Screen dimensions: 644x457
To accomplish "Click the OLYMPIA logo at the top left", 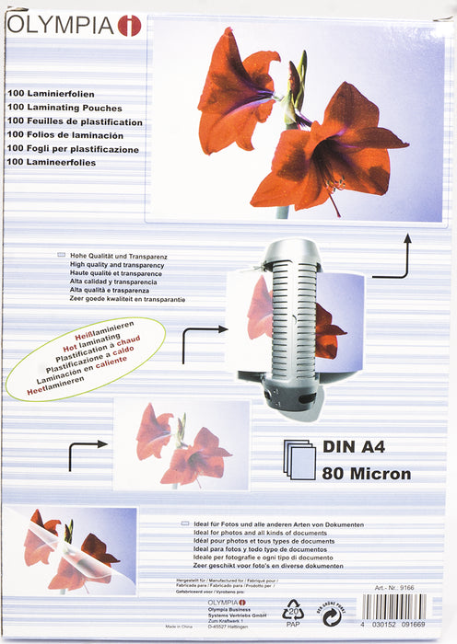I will [74, 26].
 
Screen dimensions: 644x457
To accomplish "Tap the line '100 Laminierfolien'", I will [52, 94].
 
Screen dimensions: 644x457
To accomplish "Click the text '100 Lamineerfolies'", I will [52, 162].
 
